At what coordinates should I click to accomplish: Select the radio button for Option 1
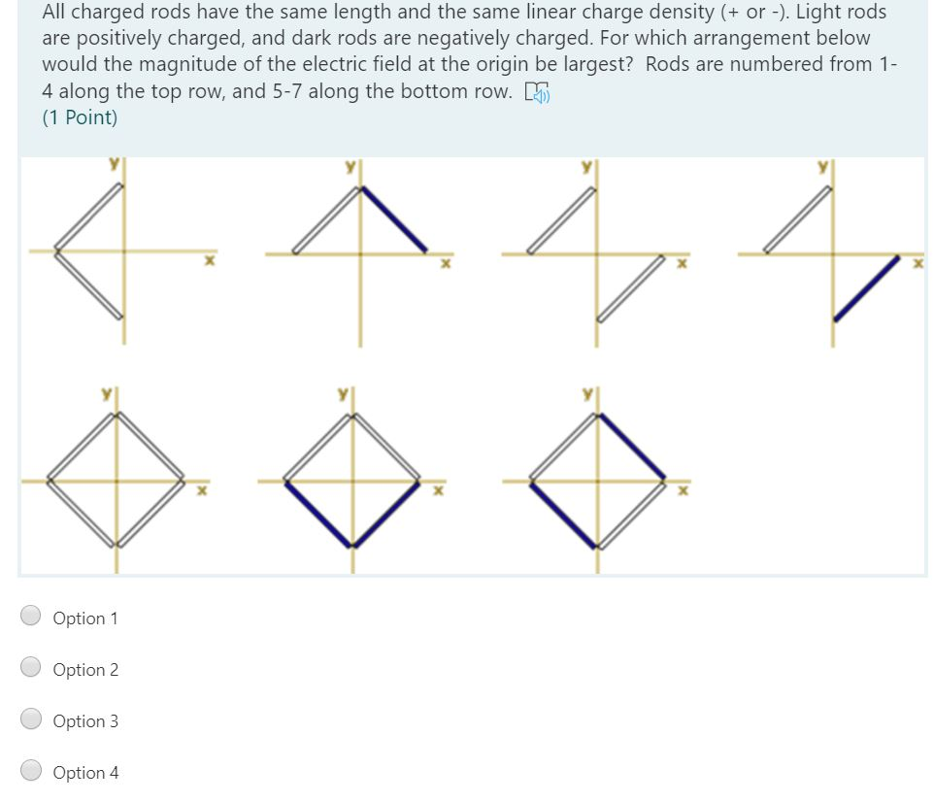[x=32, y=617]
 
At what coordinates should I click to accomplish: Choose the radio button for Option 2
[x=32, y=668]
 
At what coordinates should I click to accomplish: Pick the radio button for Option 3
[x=32, y=719]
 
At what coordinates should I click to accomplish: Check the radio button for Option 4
[x=32, y=771]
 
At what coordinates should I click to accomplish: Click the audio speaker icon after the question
[x=536, y=92]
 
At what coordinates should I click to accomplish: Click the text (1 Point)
[x=80, y=117]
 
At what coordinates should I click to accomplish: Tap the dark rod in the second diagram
[x=395, y=218]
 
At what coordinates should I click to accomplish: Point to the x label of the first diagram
[x=207, y=262]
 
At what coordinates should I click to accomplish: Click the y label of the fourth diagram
[x=821, y=166]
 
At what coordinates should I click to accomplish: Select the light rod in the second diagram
[x=328, y=219]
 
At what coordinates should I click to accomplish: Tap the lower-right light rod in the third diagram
[x=631, y=288]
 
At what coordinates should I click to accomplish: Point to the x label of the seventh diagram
[x=684, y=491]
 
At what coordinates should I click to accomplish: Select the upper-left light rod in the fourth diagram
[x=798, y=219]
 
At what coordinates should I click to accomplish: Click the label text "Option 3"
[x=85, y=720]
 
